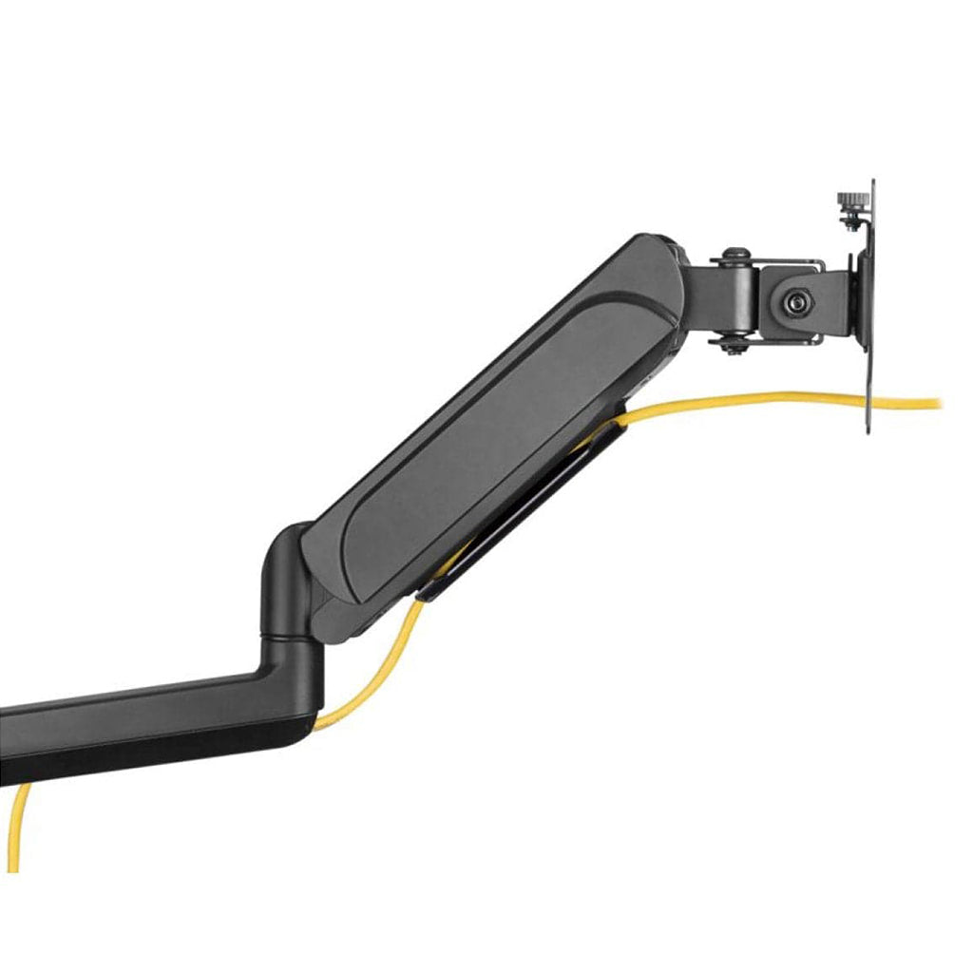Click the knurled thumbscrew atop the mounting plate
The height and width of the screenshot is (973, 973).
point(848,201)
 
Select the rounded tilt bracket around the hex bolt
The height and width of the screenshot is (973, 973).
point(789,304)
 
